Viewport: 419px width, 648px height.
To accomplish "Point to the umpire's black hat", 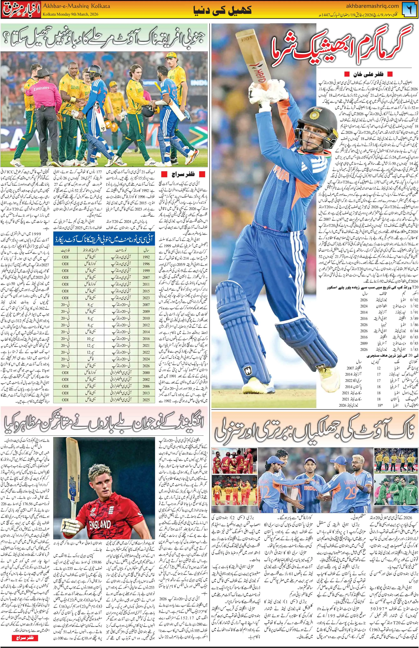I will pos(43,73).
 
